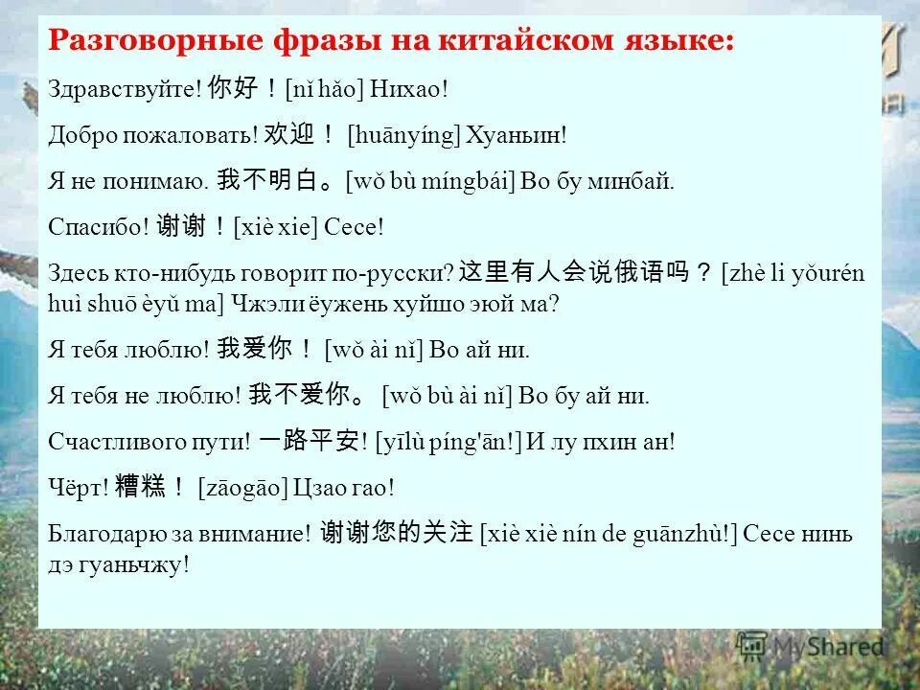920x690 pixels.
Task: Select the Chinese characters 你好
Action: (x=233, y=89)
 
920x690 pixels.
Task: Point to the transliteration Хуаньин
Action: (x=515, y=135)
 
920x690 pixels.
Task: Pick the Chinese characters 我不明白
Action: (x=269, y=180)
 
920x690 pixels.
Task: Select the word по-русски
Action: (x=405, y=273)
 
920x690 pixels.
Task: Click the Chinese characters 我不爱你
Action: (x=299, y=395)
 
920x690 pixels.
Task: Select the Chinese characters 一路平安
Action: (x=308, y=441)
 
